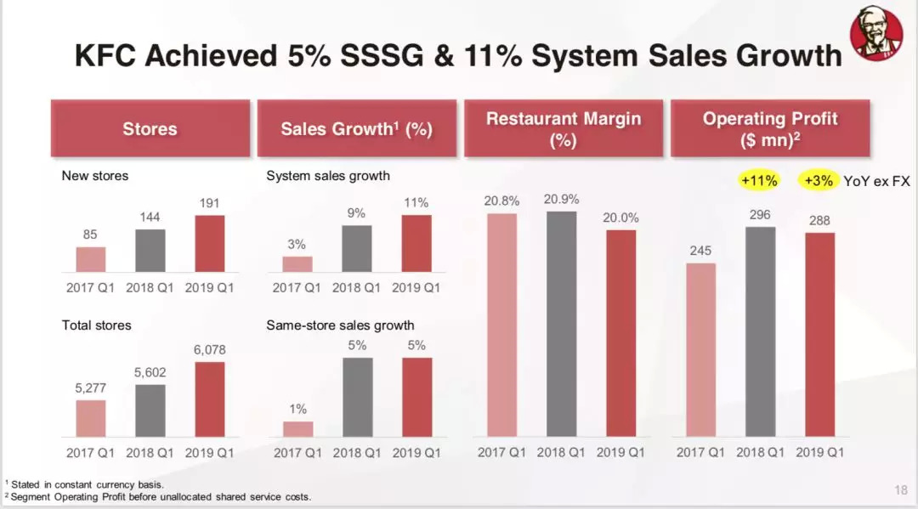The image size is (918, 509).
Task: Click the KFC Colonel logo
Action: coord(876,34)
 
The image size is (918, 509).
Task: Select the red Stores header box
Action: coord(150,129)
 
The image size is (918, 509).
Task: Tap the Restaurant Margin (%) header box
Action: coord(563,129)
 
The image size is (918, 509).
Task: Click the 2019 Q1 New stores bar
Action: coord(204,244)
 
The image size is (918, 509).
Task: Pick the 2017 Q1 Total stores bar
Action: coord(90,419)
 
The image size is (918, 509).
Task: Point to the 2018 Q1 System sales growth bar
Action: coord(358,249)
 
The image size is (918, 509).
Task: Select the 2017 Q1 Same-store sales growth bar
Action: coord(297,429)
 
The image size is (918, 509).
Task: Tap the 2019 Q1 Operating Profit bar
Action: coord(820,336)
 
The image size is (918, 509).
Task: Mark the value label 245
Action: coord(700,251)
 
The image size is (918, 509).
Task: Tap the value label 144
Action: coord(150,218)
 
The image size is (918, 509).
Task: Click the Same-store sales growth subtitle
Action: coord(340,325)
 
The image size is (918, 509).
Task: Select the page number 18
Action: coord(901,489)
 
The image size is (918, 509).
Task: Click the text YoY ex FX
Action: coord(876,180)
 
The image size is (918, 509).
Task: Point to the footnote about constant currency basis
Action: coord(84,484)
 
